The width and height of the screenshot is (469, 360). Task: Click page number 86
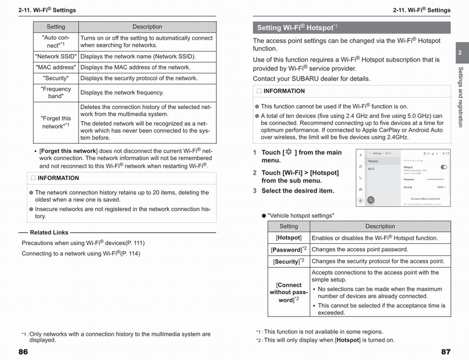pos(23,351)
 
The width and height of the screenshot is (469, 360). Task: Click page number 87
pos(446,351)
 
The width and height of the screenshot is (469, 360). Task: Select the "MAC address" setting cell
pos(56,68)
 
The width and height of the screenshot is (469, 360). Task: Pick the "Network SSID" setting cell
pos(56,57)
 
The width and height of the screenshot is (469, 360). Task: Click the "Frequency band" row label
pos(56,93)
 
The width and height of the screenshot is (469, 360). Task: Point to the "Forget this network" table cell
pos(56,122)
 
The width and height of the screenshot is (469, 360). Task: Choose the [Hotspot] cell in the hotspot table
pos(288,238)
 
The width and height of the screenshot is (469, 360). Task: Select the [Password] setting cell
pos(288,249)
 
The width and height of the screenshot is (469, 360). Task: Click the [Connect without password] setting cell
pos(289,292)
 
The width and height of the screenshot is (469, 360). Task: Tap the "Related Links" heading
pos(49,233)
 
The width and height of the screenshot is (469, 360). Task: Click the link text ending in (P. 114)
pos(81,253)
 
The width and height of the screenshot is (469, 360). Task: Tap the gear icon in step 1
pos(288,152)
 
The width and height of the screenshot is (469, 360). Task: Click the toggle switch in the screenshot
pos(444,167)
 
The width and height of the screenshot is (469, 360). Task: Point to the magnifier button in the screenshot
pos(370,200)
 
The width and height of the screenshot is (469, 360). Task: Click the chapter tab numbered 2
pos(460,52)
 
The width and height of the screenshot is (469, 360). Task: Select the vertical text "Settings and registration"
pos(460,97)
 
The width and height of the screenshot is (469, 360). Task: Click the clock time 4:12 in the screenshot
pos(446,154)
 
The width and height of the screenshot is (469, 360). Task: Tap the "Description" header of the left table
pos(147,27)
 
